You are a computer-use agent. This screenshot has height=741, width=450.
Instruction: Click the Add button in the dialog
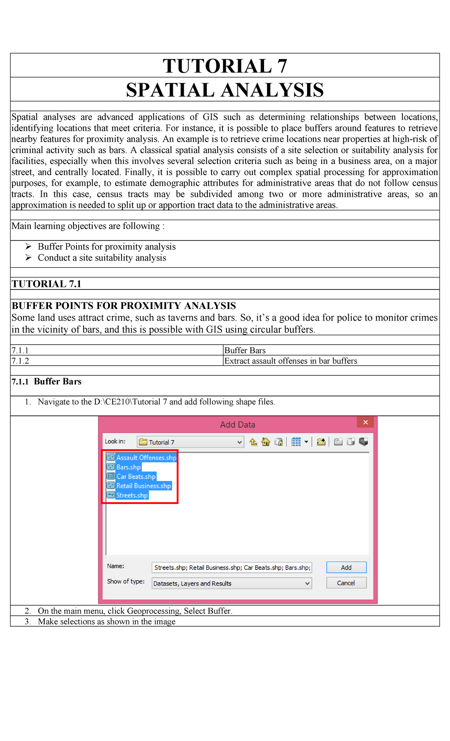coord(346,567)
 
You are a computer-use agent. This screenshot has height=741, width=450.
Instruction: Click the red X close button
coord(365,423)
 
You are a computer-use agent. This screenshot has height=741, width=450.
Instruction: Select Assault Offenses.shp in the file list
coord(146,457)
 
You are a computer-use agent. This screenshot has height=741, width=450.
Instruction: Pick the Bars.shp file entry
coord(128,467)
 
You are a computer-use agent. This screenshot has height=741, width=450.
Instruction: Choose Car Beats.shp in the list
coord(136,476)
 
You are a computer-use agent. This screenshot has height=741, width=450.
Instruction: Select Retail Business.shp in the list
coord(143,486)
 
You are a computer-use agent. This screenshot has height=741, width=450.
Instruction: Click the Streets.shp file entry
coord(132,495)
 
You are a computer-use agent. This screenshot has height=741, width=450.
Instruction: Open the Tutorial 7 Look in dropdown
coord(190,442)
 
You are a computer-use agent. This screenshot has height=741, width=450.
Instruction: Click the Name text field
coord(232,567)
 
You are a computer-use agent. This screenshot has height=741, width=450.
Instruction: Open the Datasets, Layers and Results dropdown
coord(232,583)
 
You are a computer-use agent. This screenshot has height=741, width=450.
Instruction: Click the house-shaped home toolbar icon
coord(266,442)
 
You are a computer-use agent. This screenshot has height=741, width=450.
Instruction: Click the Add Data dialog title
coord(237,424)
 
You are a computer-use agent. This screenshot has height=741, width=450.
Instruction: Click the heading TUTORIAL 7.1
coord(46,284)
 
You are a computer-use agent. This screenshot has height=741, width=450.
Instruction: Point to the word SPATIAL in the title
coord(170,90)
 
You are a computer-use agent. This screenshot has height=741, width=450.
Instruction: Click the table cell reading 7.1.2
coord(20,361)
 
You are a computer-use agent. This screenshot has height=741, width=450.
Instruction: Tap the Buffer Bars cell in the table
coord(245,350)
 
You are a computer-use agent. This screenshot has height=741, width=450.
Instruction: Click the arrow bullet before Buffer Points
coord(28,246)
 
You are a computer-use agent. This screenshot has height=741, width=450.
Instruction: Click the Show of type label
coord(126,581)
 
